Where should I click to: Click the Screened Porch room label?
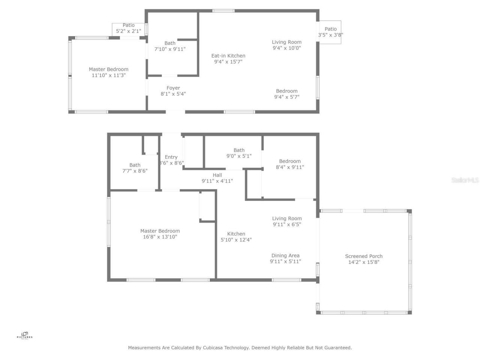pos(364,256)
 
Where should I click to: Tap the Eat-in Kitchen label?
pos(228,56)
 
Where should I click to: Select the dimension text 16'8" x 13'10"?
pos(160,237)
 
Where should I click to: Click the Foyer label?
pos(173,88)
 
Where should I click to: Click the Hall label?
pos(217,175)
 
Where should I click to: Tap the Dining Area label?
pos(285,256)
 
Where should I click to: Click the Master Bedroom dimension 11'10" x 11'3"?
pos(109,75)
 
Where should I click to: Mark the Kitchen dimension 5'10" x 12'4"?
pos(236,240)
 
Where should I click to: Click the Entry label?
pos(171,157)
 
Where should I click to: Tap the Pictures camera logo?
pos(25,334)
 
